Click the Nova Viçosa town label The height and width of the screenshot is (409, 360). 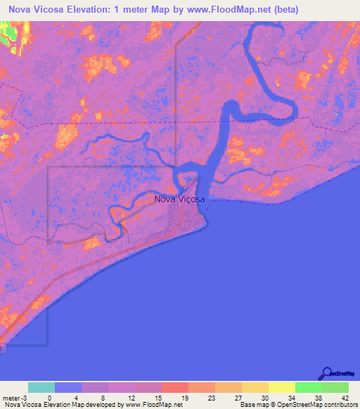[x=179, y=200]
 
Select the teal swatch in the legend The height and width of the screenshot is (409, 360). [x=41, y=387]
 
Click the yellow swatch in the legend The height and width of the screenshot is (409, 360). [x=281, y=387]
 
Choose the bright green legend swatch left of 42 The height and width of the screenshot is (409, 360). [x=308, y=387]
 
